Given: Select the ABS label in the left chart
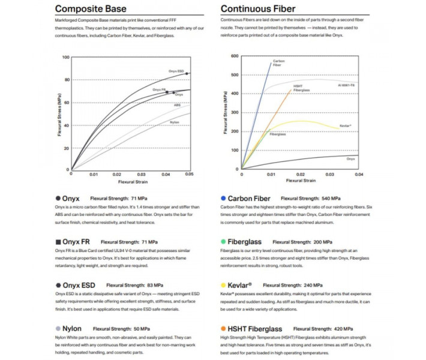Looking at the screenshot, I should [177, 105].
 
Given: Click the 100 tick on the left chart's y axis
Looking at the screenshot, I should [65, 58].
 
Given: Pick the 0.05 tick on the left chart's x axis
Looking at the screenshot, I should [190, 174].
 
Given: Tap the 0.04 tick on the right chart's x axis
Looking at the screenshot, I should [359, 174].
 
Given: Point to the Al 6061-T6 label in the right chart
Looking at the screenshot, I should [347, 86].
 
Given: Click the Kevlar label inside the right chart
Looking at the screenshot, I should [345, 126].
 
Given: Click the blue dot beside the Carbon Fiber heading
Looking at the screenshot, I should [223, 198].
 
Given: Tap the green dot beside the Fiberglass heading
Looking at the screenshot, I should [223, 242].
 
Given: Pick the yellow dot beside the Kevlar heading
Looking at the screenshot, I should [223, 285].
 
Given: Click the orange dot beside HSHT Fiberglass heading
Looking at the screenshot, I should [223, 328].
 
